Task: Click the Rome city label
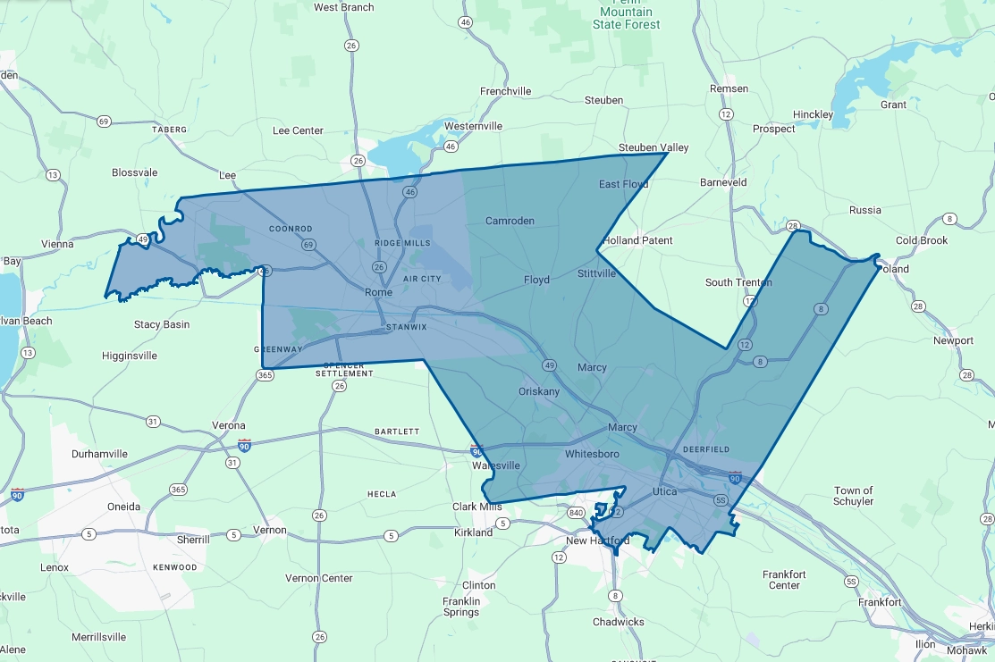point(378,293)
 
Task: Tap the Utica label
point(664,492)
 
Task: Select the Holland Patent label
point(637,240)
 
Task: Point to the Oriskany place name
point(539,392)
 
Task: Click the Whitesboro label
point(592,455)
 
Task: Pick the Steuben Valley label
point(653,147)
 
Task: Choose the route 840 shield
point(576,513)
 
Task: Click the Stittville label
point(596,273)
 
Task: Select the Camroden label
point(510,221)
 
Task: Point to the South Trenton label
point(738,282)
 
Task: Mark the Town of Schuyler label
point(854,496)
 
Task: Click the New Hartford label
point(598,541)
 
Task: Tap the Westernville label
point(473,126)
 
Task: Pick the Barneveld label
point(723,182)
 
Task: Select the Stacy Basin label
point(162,324)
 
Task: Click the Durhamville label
point(99,454)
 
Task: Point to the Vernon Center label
point(318,578)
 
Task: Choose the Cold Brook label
point(922,240)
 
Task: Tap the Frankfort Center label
point(784,580)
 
